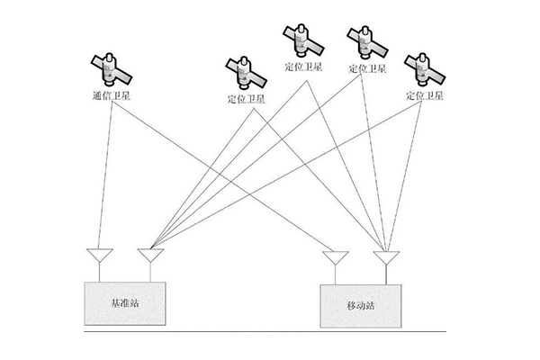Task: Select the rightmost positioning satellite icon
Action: [x=426, y=67]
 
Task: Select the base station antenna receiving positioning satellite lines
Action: [x=148, y=257]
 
